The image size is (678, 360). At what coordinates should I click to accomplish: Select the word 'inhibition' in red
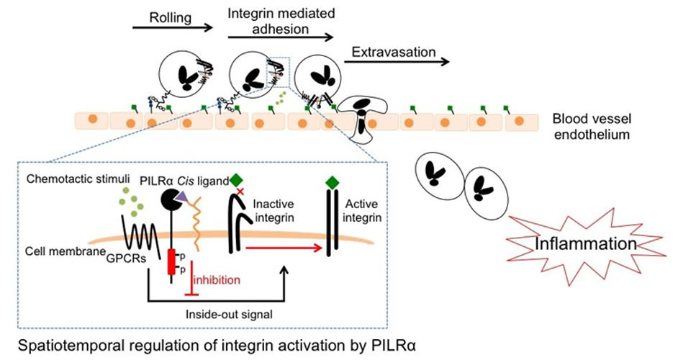(x=216, y=278)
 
